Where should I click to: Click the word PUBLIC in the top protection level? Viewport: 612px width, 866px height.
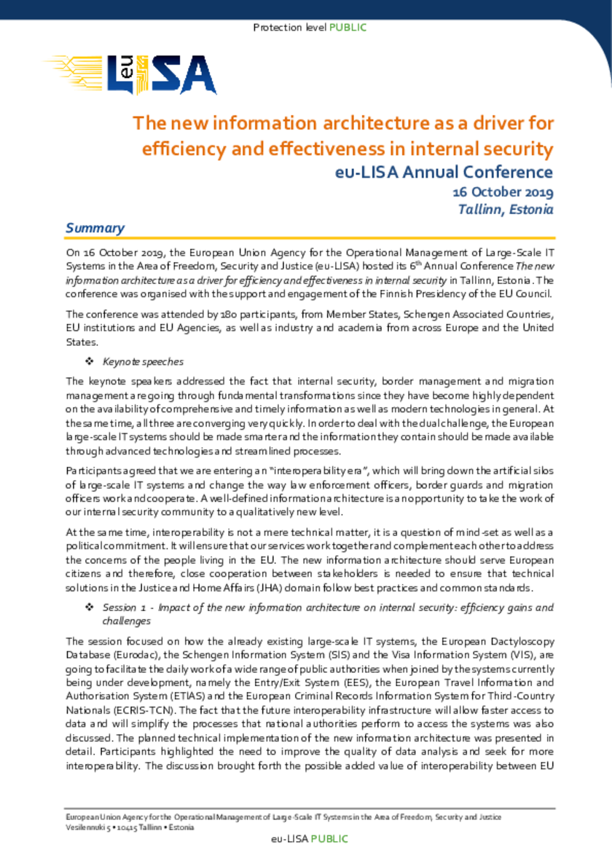click(x=348, y=28)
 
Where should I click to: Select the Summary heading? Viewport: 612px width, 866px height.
click(x=95, y=228)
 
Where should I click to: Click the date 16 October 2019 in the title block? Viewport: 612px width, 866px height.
click(x=503, y=192)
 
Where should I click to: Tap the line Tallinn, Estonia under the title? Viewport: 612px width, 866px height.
click(x=505, y=209)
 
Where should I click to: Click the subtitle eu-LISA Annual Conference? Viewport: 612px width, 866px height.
click(x=444, y=173)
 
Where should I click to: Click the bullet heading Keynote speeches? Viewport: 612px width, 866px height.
click(x=143, y=361)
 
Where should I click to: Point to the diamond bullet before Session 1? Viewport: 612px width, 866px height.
click(x=90, y=607)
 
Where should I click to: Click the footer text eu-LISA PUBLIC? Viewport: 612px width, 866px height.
click(x=309, y=838)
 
